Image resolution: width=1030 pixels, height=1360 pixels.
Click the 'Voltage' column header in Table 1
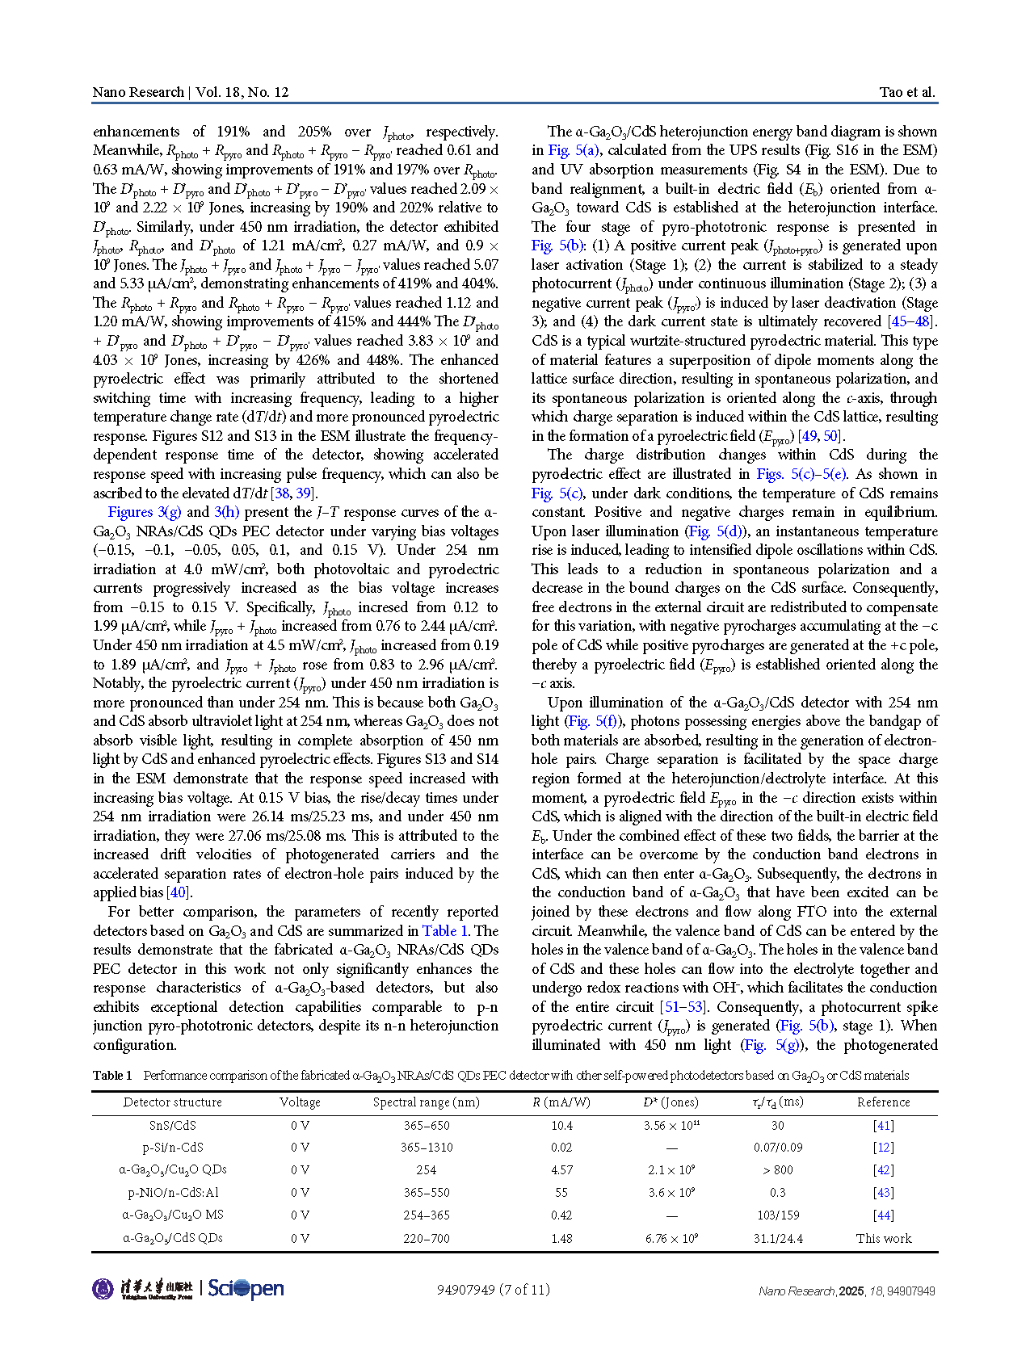pos(300,1102)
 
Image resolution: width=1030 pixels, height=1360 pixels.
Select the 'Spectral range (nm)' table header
pos(427,1102)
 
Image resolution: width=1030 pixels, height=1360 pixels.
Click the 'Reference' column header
pos(883,1102)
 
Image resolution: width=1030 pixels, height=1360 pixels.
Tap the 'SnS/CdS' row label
pos(172,1126)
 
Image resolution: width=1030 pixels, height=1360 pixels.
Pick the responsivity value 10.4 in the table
pos(561,1126)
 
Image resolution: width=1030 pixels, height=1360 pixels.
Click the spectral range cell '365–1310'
pos(427,1148)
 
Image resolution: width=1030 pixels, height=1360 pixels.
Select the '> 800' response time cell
pos(777,1170)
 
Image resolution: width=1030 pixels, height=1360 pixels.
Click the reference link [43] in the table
pos(883,1193)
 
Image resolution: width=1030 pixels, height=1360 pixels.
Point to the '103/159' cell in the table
pos(777,1215)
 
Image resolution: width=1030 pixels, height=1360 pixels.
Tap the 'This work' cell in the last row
pos(883,1239)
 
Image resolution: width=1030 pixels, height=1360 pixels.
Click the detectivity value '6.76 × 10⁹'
pos(671,1239)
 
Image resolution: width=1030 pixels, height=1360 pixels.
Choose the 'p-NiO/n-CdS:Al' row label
pos(172,1193)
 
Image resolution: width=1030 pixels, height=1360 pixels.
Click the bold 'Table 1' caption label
pos(112,1076)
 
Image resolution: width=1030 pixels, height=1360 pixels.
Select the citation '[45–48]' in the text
pos(910,321)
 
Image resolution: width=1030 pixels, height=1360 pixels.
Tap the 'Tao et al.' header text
pos(906,92)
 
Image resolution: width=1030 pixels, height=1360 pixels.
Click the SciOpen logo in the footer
pos(246,1289)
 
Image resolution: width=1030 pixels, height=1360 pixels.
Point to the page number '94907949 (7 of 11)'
pos(493,1290)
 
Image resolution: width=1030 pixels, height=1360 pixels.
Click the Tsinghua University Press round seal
pos(103,1289)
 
